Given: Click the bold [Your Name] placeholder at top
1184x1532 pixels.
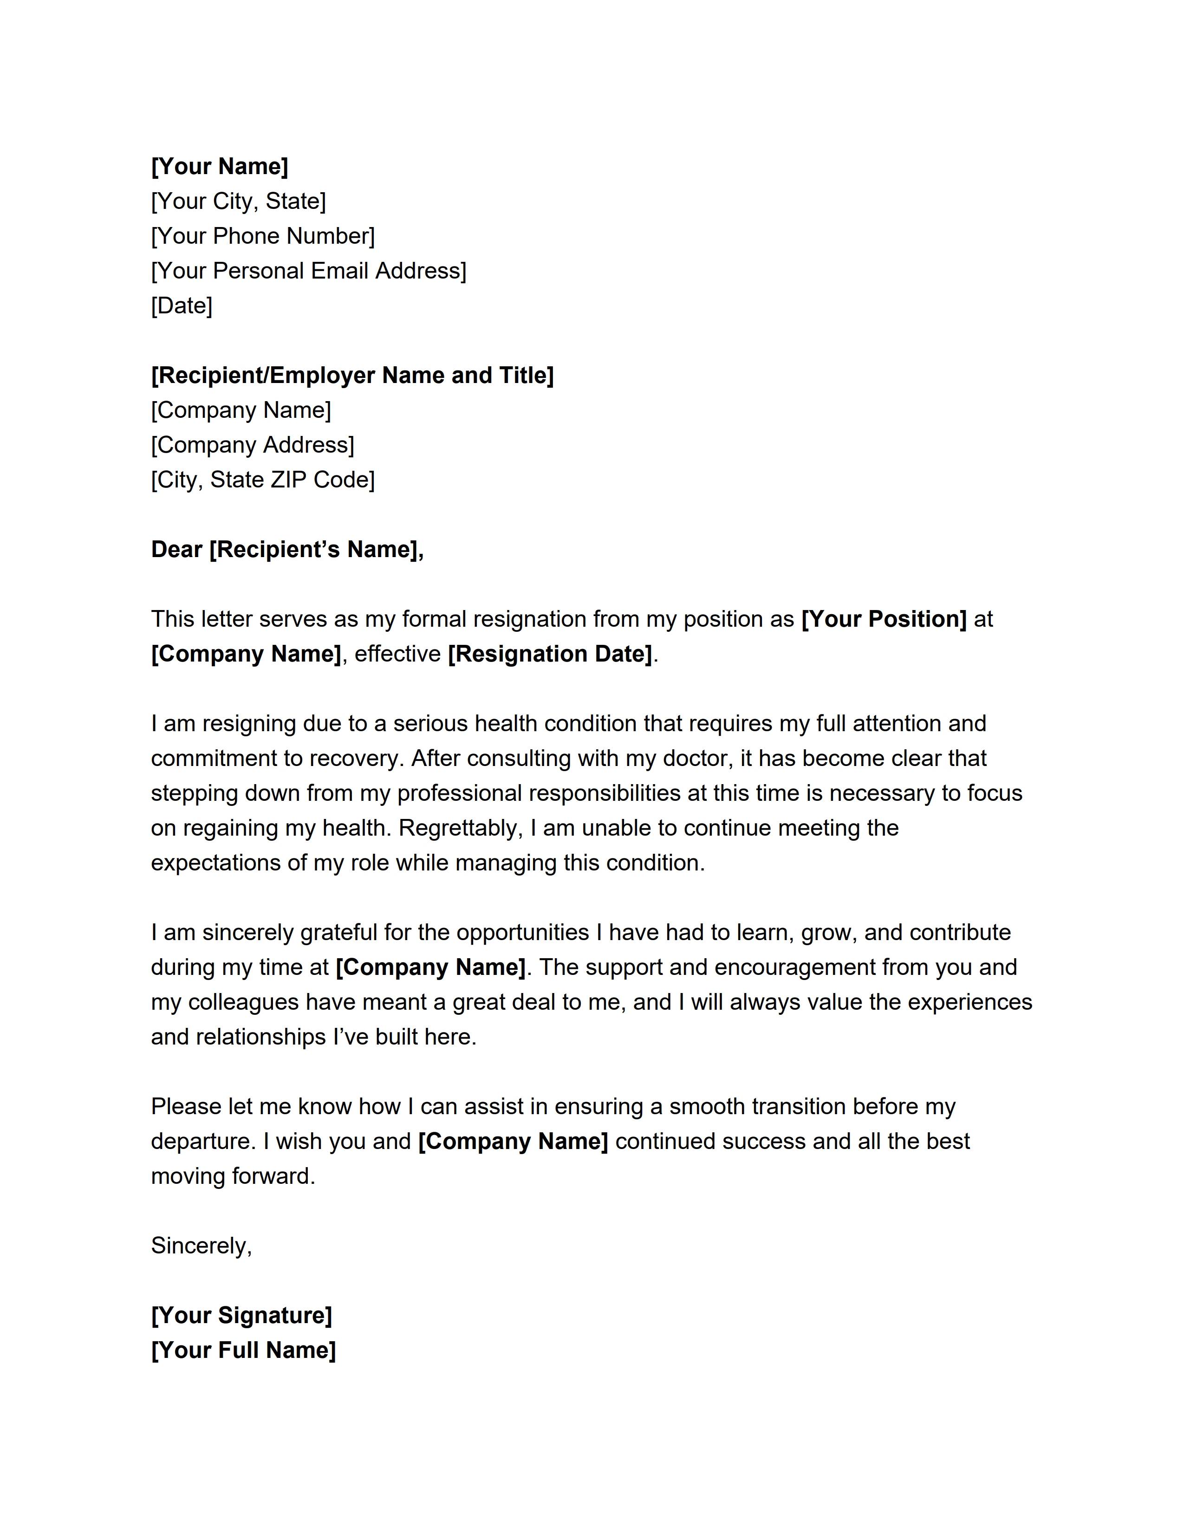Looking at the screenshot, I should pos(220,166).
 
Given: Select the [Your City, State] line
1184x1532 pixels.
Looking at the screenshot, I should pos(239,201).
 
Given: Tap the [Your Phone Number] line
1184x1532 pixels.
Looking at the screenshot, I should pos(263,236).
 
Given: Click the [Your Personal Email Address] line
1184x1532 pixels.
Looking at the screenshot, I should pos(309,271).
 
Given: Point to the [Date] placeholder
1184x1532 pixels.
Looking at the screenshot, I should pos(182,306).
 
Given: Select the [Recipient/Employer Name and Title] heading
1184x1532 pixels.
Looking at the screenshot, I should pos(352,375).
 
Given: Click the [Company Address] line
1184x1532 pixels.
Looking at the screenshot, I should pos(253,445).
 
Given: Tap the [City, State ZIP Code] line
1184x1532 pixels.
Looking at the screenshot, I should pos(263,480).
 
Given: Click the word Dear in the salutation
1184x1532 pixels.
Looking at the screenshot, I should pos(177,549).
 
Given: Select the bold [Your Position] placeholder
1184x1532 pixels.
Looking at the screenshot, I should pos(884,619).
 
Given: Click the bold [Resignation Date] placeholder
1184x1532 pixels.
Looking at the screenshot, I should pos(550,654).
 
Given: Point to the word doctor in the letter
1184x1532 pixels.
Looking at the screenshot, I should pos(697,758).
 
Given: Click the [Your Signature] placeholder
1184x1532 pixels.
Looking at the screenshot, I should pos(241,1315).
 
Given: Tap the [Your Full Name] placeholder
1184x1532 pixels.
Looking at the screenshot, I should pos(243,1350).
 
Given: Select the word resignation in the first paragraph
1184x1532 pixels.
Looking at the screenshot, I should pos(530,619).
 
